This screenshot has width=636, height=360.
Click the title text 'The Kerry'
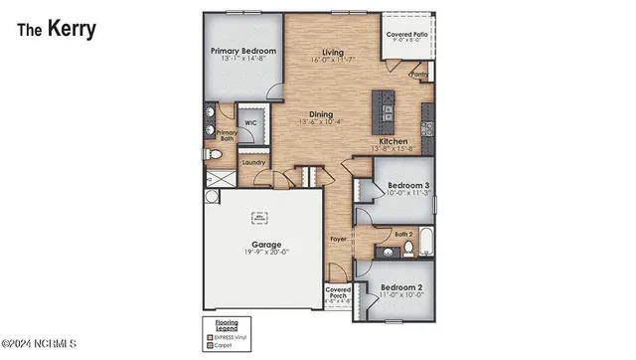(x=56, y=29)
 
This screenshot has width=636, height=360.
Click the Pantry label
(x=419, y=73)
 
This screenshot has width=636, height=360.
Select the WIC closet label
(x=252, y=125)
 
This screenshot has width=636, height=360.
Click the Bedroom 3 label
(x=408, y=185)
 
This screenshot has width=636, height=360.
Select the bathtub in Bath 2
(x=423, y=242)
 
